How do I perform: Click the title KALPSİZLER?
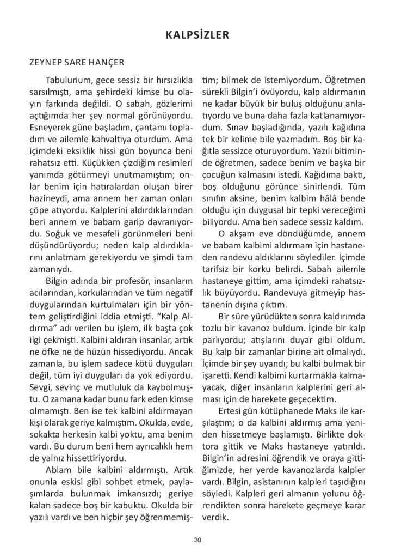(x=197, y=35)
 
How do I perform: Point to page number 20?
(x=197, y=539)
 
